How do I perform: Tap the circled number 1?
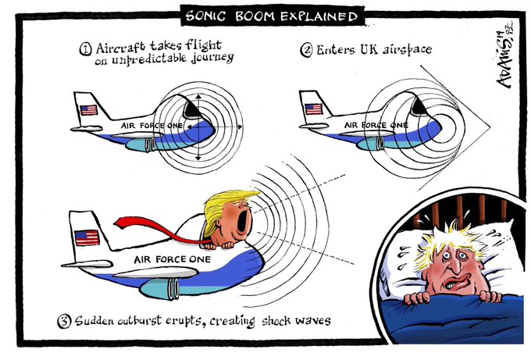86,49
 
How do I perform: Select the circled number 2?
306,50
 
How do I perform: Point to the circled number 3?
64,321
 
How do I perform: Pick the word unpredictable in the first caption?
148,59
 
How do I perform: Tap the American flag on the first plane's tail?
89,110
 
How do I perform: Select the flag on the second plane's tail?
314,109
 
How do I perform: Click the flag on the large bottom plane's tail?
87,237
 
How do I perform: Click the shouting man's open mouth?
243,222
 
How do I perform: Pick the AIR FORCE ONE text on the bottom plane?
173,259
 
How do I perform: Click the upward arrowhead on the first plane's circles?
198,97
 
